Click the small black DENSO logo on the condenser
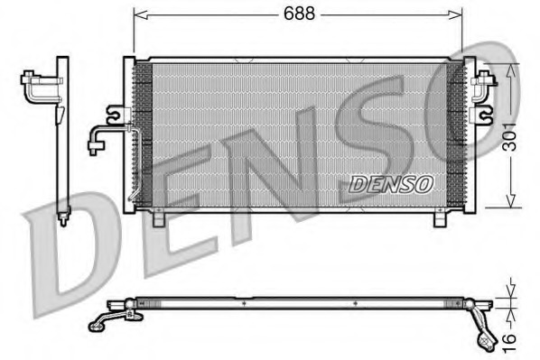pos(391,183)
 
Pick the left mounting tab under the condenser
pos(159,217)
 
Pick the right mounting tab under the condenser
pos(442,217)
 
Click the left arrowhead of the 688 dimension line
pos(138,14)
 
